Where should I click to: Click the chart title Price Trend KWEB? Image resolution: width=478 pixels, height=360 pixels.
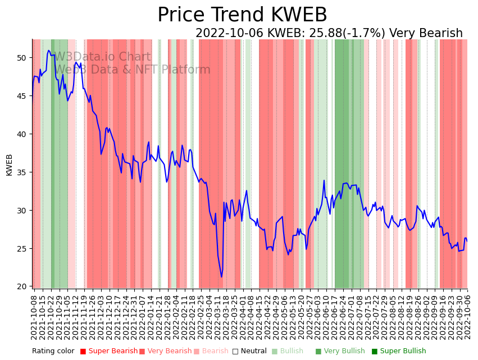click(242, 15)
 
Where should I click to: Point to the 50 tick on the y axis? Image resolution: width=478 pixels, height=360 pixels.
click(22, 58)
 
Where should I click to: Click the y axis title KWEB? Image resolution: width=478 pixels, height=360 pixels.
click(9, 165)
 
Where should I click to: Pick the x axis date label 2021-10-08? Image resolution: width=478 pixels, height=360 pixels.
click(34, 318)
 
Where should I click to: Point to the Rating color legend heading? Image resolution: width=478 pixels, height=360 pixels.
click(53, 351)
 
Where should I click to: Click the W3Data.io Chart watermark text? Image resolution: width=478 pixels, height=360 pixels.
click(102, 57)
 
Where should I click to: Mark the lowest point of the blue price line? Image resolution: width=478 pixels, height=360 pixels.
click(221, 277)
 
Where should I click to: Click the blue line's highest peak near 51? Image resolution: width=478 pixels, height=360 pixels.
click(49, 51)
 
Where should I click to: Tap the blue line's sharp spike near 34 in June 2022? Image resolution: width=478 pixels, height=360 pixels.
click(324, 180)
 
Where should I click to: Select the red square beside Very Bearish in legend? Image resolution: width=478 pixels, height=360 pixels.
click(142, 351)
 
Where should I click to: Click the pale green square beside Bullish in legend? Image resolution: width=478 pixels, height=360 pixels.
click(275, 351)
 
